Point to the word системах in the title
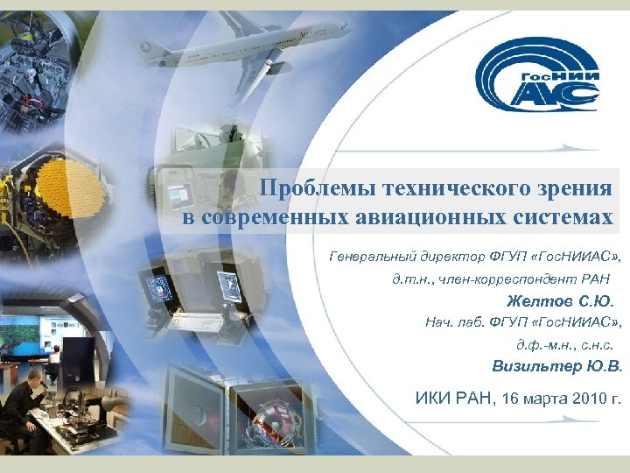[x=557, y=216]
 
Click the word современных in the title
[x=276, y=216]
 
